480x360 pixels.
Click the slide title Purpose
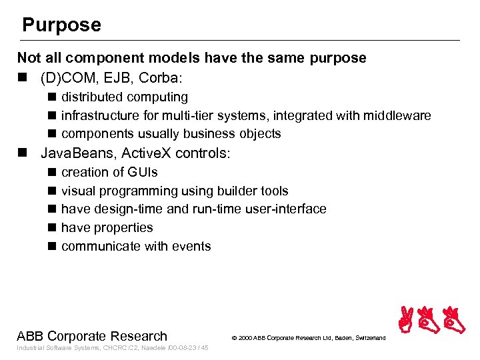[x=61, y=25]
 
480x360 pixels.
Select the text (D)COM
[x=67, y=77]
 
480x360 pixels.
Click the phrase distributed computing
[x=125, y=97]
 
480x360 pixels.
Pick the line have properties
[x=107, y=227]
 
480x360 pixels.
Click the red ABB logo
[x=431, y=321]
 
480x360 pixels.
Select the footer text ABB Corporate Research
[x=92, y=336]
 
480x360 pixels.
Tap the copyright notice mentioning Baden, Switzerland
[x=308, y=338]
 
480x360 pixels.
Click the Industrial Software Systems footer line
[x=113, y=348]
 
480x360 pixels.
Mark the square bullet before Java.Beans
[x=23, y=153]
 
